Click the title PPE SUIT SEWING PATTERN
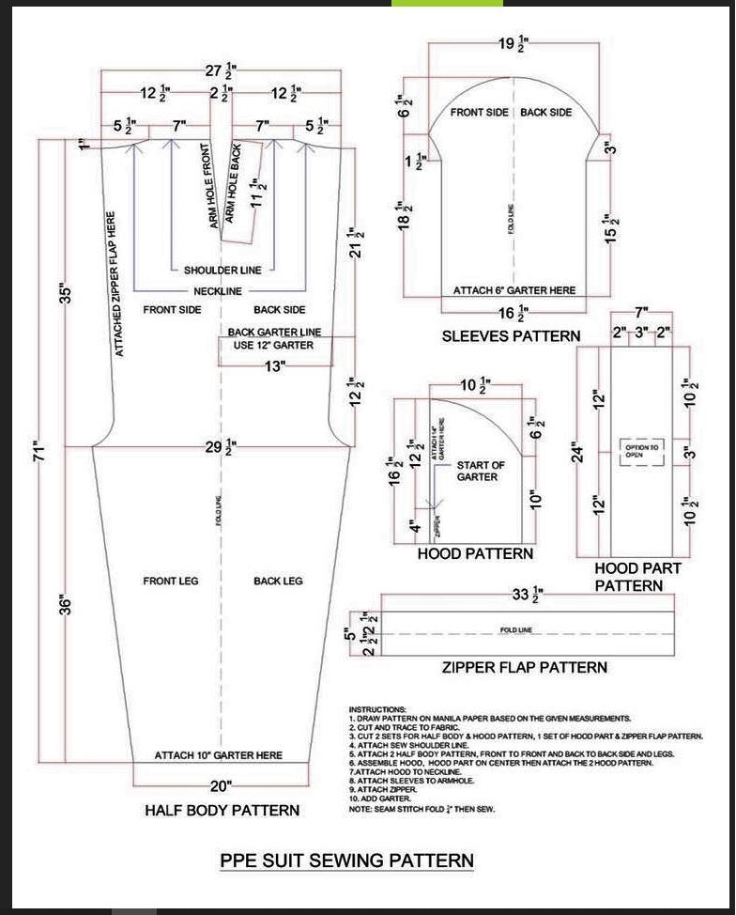click(346, 860)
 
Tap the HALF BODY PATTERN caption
click(222, 810)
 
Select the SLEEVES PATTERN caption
click(511, 335)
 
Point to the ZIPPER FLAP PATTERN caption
click(524, 667)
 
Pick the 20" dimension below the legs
click(221, 786)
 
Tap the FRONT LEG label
click(170, 582)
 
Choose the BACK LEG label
click(278, 582)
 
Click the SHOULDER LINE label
click(222, 271)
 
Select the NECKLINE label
click(218, 291)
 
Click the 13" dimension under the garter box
click(273, 366)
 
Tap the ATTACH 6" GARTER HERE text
click(514, 290)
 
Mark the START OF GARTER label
click(481, 471)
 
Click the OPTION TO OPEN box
click(642, 451)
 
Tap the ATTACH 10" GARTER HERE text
click(218, 755)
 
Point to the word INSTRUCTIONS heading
click(377, 709)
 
